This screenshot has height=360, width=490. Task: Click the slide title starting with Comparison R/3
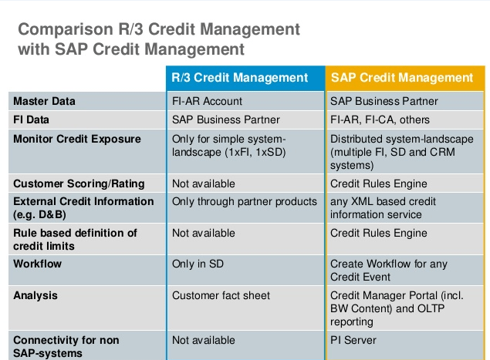pyautogui.click(x=158, y=39)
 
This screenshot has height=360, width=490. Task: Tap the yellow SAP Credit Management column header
pyautogui.click(x=402, y=78)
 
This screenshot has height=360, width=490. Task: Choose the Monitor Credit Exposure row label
pyautogui.click(x=77, y=139)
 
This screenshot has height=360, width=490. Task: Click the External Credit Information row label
pyautogui.click(x=83, y=201)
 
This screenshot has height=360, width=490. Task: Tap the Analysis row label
pyautogui.click(x=35, y=295)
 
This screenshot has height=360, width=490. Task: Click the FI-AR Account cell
pyautogui.click(x=207, y=101)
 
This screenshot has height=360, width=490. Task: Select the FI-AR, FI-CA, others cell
pyautogui.click(x=380, y=120)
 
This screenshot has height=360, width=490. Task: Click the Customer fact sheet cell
pyautogui.click(x=221, y=295)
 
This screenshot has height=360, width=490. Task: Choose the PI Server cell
pyautogui.click(x=353, y=339)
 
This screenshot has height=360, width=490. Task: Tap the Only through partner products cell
pyautogui.click(x=245, y=201)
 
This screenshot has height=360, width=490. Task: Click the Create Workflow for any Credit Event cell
pyautogui.click(x=388, y=270)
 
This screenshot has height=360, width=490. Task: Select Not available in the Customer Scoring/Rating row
pyautogui.click(x=204, y=183)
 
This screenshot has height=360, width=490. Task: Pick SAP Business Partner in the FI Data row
pyautogui.click(x=225, y=120)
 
